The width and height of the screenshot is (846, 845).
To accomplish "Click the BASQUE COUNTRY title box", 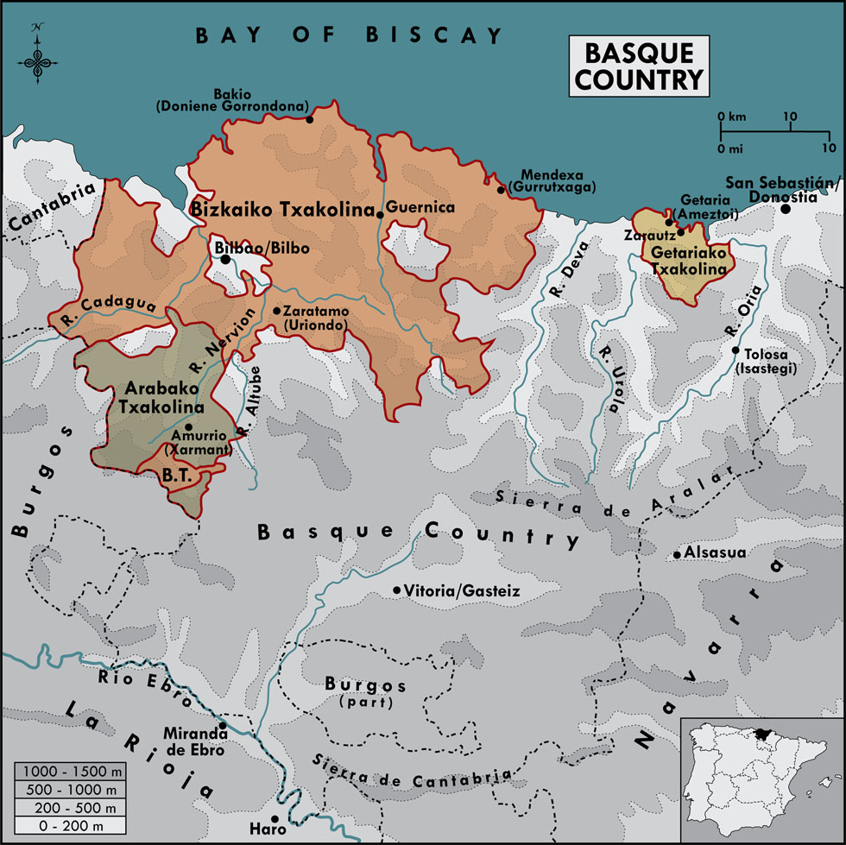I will [638, 66].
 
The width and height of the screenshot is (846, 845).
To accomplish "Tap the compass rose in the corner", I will [36, 54].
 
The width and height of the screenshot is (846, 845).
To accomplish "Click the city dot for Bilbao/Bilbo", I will [225, 259].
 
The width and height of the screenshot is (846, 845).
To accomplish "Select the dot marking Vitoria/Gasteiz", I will [397, 590].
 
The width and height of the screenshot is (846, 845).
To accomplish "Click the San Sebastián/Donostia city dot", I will [786, 208].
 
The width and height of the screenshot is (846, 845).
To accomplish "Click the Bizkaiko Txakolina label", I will [280, 209].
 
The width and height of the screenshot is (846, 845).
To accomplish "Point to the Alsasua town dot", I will [678, 554].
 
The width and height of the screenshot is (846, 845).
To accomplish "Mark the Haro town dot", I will [275, 819].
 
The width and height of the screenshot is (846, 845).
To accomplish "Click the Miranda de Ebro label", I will [194, 743].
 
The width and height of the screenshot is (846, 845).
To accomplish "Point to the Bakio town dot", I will [310, 119].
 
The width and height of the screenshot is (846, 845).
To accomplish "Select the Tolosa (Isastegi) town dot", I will [735, 350].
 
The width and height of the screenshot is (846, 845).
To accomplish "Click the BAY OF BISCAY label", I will [349, 35].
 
